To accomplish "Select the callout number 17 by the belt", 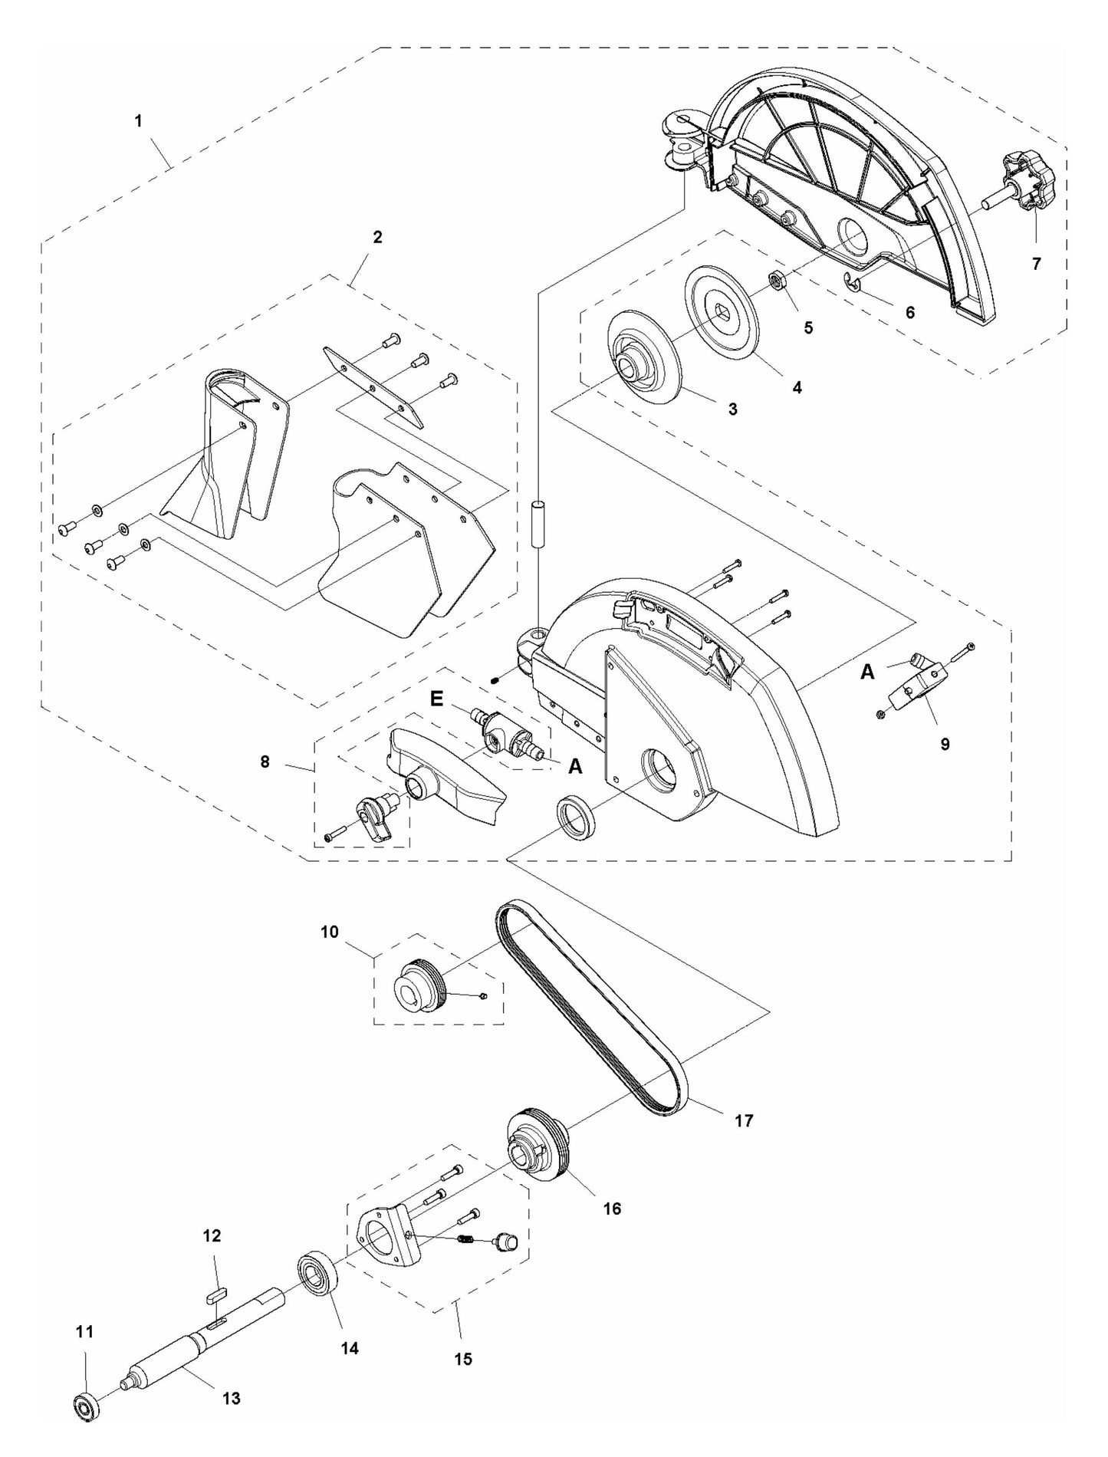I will [743, 1120].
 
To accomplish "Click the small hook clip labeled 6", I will [852, 283].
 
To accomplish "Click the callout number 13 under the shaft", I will [231, 1398].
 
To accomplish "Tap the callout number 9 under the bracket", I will [945, 743].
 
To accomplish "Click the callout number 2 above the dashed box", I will [376, 237].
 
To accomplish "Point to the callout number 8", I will [265, 763].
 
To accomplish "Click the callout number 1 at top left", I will [138, 121].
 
